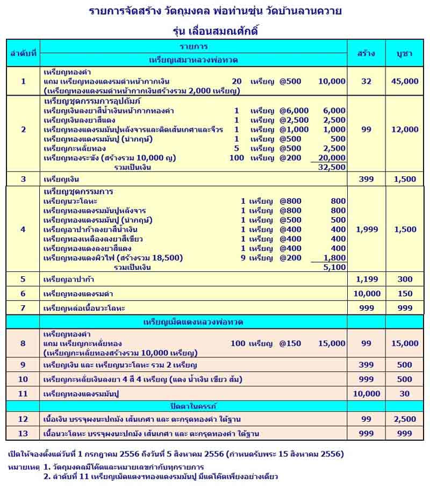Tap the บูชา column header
click(x=404, y=53)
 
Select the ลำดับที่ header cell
click(x=23, y=53)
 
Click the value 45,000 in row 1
click(x=404, y=82)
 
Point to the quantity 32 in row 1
click(x=366, y=82)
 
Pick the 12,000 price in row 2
click(x=404, y=130)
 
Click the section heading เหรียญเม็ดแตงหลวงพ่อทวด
click(x=193, y=322)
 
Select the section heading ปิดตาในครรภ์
click(x=193, y=405)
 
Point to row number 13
click(x=23, y=433)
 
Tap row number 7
click(x=23, y=308)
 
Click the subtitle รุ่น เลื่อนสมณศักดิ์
click(x=215, y=31)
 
